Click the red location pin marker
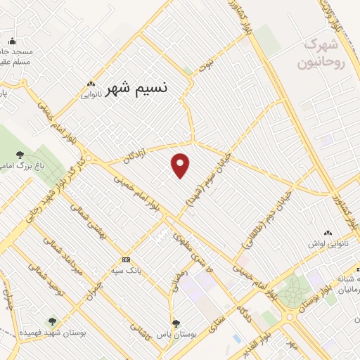point(181,165)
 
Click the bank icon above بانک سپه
point(126,259)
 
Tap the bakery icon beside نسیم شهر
point(91,82)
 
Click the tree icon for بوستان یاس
point(175,323)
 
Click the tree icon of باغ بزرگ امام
point(19,155)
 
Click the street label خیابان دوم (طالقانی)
point(267,214)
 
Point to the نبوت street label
point(205,67)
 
